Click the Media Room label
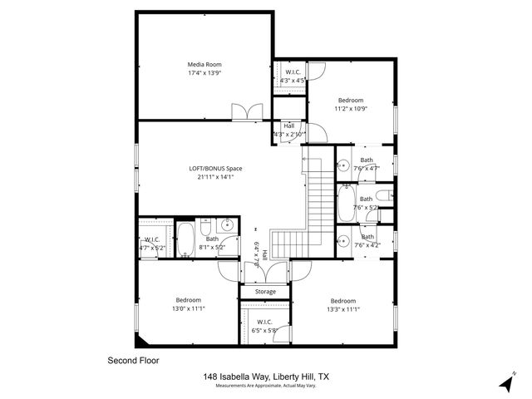[x=204, y=64]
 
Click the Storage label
[x=265, y=292]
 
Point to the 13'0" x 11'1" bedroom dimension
[x=188, y=308]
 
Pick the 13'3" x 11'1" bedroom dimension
[x=342, y=308]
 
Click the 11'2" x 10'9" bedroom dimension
[x=349, y=109]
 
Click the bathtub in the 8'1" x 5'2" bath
[x=186, y=239]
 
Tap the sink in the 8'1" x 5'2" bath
[x=227, y=225]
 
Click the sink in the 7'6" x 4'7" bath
[x=342, y=166]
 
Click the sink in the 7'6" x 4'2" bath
[x=342, y=241]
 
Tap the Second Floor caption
[x=133, y=361]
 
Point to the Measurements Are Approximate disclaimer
[x=266, y=387]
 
